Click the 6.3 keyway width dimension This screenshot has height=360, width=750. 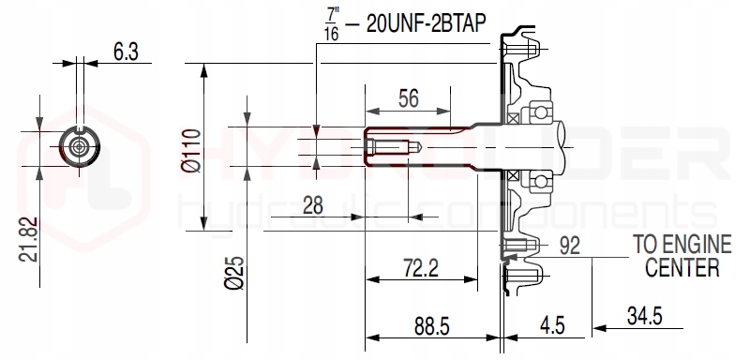pyautogui.click(x=126, y=52)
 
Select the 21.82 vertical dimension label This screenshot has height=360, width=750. pyautogui.click(x=29, y=239)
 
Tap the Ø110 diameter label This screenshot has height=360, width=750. pyautogui.click(x=191, y=150)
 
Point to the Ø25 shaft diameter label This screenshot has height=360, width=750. pyautogui.click(x=233, y=273)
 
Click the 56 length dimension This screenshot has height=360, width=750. pyautogui.click(x=408, y=98)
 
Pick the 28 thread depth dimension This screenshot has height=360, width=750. pyautogui.click(x=313, y=205)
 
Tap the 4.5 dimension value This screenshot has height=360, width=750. pyautogui.click(x=552, y=325)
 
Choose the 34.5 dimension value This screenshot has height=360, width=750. pyautogui.click(x=644, y=317)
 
